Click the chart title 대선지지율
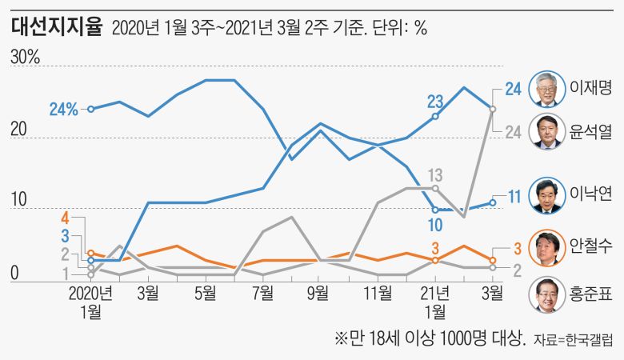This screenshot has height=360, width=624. (58, 27)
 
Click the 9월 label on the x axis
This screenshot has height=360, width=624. (319, 293)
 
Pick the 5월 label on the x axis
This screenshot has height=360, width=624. (204, 293)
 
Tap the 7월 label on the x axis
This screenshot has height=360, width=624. (262, 293)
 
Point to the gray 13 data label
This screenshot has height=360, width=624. (435, 174)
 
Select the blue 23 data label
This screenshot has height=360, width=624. (435, 102)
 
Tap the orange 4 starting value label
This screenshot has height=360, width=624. (66, 217)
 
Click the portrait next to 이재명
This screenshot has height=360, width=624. (547, 86)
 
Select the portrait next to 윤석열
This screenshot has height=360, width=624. (547, 130)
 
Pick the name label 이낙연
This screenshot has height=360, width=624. (590, 195)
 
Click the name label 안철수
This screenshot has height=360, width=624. (590, 246)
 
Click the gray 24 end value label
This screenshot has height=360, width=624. (514, 132)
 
